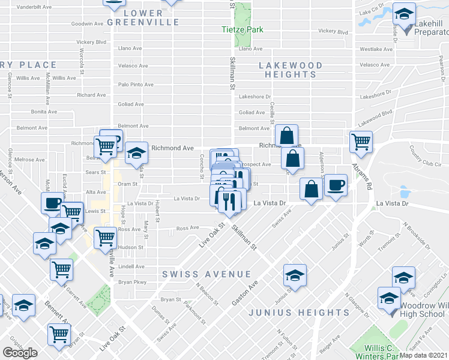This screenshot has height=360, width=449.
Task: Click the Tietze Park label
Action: [243, 29]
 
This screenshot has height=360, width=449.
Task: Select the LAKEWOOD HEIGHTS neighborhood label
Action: [291, 70]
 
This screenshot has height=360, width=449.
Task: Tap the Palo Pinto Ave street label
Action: [136, 85]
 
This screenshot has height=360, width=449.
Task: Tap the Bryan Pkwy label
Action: [132, 282]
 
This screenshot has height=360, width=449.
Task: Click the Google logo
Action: [20, 353]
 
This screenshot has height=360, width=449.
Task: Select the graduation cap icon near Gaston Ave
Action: [295, 275]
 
